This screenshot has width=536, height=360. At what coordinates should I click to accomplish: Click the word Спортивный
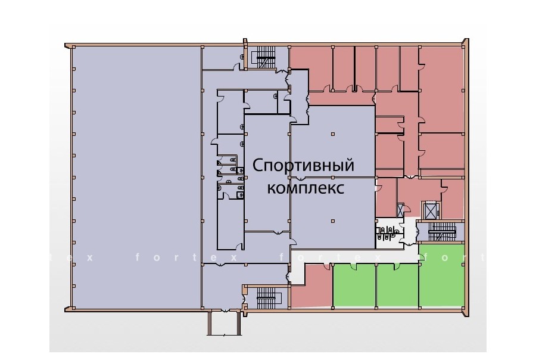pos(303,166)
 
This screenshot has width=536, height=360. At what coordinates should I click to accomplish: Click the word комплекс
pos(306,188)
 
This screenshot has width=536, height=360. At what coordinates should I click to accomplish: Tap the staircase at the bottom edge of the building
pos(269,297)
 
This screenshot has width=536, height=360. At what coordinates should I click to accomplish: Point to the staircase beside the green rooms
pos(442,232)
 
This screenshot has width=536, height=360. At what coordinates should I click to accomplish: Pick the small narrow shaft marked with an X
pos(400,210)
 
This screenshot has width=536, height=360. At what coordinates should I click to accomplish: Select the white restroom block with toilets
pos(389,232)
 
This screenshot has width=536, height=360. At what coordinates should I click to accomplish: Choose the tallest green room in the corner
pos(442,275)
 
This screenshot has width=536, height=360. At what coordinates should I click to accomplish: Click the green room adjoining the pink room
pos(354,284)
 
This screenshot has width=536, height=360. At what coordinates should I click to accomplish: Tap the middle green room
pos(397,284)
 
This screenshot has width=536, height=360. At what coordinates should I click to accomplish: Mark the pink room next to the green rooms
pos(311,285)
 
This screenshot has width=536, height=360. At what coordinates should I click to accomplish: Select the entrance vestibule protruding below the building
pos(225,322)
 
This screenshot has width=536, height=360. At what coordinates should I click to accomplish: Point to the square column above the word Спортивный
pos(332,134)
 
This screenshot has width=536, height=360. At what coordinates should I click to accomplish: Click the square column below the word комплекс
pos(332,221)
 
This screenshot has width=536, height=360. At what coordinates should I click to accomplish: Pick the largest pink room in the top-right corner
pos(442,89)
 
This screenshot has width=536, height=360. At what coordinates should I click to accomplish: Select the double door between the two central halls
pos(300,178)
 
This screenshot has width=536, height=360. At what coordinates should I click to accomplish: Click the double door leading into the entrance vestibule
pos(225,310)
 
